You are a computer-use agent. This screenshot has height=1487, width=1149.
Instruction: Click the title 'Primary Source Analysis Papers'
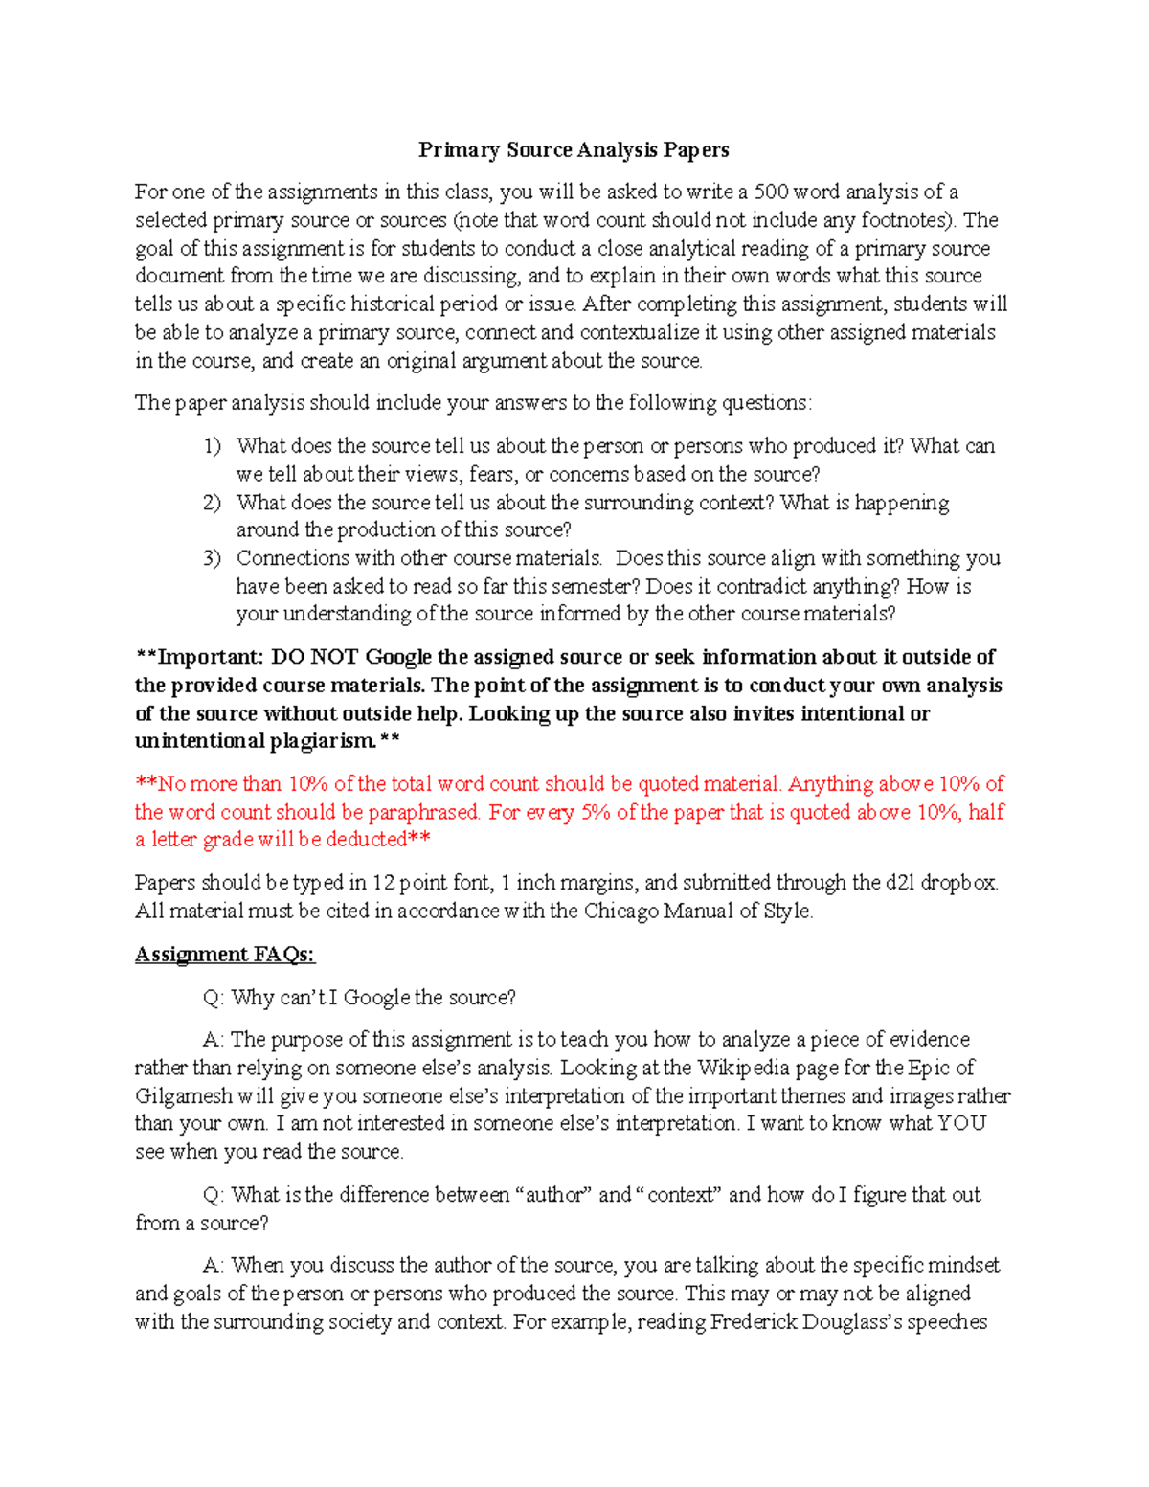point(574,150)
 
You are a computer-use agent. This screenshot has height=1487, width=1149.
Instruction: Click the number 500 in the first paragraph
point(771,192)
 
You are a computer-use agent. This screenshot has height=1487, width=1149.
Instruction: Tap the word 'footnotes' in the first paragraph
point(906,220)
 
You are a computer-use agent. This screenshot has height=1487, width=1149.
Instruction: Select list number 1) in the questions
point(212,446)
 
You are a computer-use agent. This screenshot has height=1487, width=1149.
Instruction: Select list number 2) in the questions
point(212,503)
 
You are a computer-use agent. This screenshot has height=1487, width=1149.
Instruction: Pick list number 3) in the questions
point(212,558)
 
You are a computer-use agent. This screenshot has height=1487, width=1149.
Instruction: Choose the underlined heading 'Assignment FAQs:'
point(225,955)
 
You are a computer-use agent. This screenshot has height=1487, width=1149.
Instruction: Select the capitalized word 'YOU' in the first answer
point(961,1123)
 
